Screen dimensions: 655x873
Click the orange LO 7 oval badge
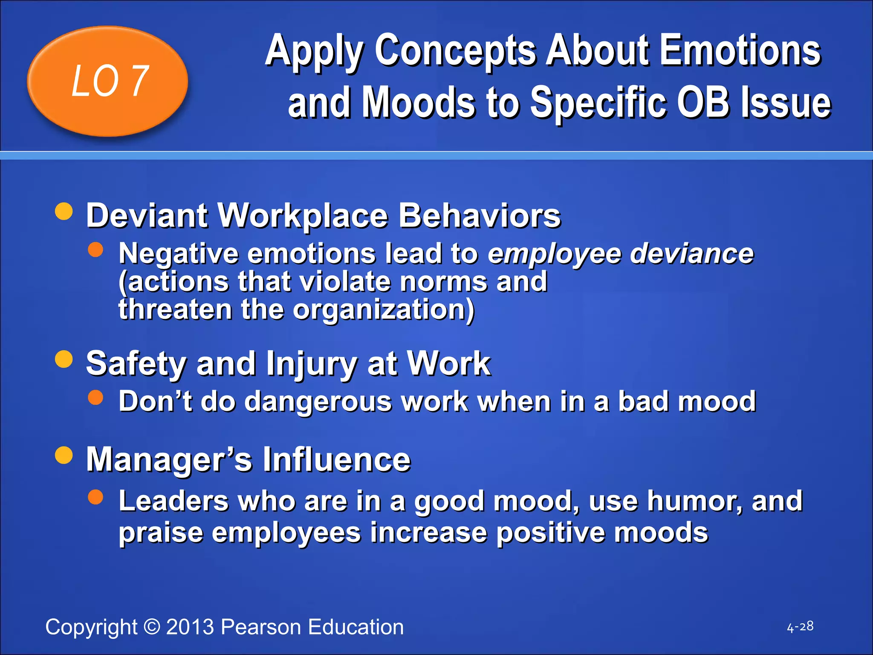pos(107,81)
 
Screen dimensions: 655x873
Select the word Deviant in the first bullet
pos(146,216)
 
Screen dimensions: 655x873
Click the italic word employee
pos(554,255)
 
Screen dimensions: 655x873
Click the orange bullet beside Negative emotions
pos(95,250)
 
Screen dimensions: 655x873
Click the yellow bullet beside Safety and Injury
pos(64,359)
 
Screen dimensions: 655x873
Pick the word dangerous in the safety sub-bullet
pos(318,402)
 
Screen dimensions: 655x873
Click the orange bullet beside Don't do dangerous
pos(95,397)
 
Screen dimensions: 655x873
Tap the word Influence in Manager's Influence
pos(336,460)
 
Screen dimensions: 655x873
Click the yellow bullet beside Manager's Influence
pos(64,455)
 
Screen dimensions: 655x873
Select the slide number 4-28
pos(800,627)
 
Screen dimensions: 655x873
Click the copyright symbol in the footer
pos(151,627)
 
